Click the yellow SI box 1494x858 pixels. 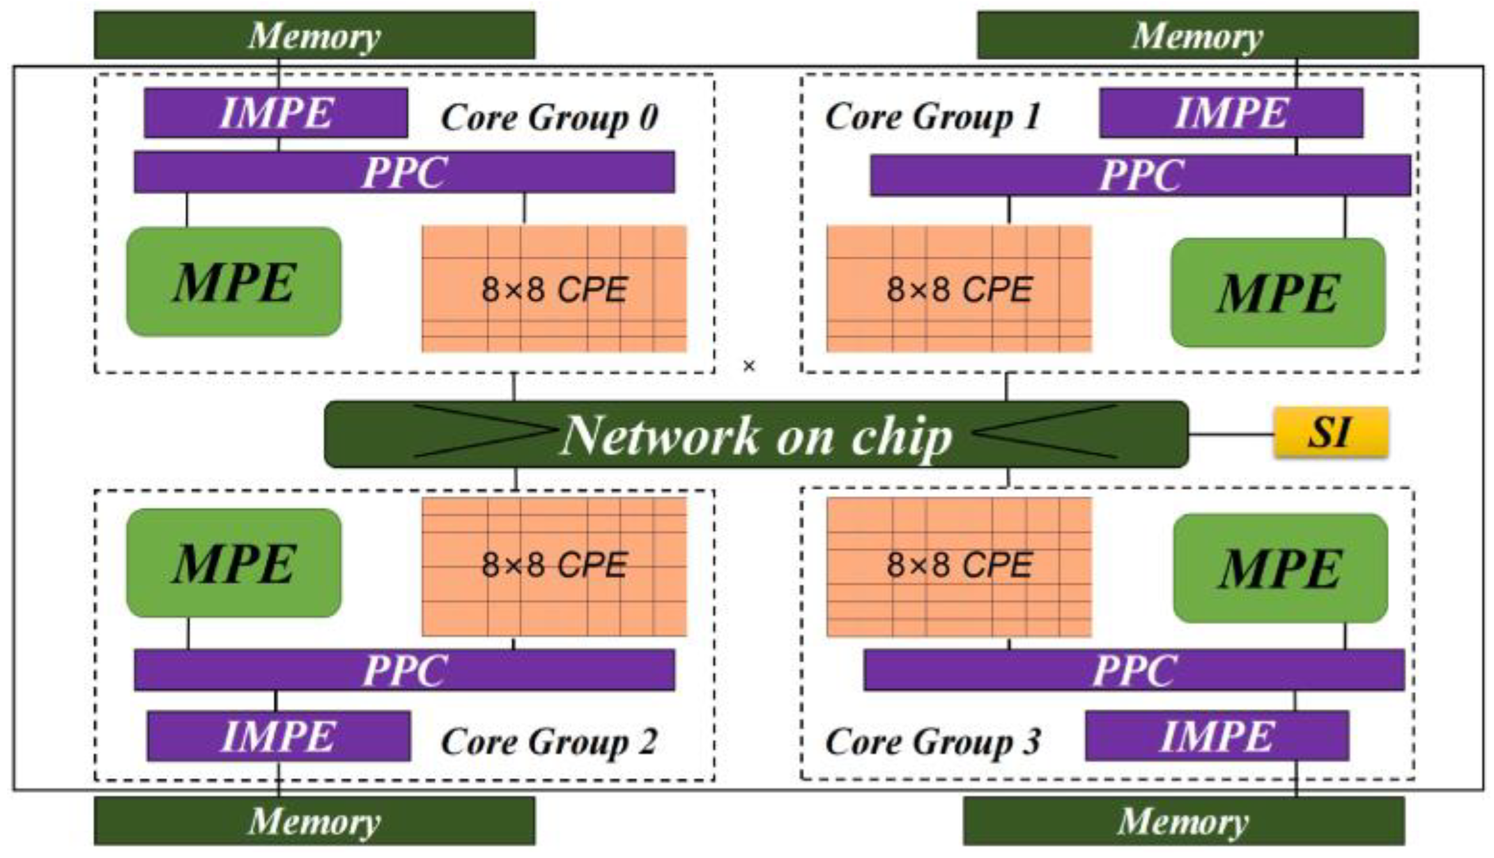[x=1330, y=432]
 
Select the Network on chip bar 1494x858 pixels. [x=756, y=435]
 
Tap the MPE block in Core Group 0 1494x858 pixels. [x=234, y=282]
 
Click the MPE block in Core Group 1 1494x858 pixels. [x=1277, y=293]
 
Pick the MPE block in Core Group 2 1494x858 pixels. [x=234, y=563]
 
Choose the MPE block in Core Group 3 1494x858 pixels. [x=1280, y=568]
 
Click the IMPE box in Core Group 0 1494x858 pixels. [x=275, y=113]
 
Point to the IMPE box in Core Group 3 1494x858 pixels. [x=1217, y=736]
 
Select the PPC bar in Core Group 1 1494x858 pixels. [x=1140, y=175]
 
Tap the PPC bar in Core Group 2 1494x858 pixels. [x=404, y=670]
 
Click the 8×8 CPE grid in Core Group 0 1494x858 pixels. [x=554, y=288]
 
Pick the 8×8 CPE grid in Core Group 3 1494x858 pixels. [x=959, y=566]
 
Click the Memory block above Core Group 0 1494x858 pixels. [x=314, y=35]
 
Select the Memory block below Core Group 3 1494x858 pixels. [x=1183, y=821]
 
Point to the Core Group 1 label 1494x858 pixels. [x=933, y=117]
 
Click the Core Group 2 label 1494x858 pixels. [x=548, y=742]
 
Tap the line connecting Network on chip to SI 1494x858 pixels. [x=1231, y=435]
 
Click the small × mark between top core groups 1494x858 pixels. [x=749, y=366]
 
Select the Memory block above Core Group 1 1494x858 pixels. [x=1198, y=35]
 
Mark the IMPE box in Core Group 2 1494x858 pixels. [x=279, y=736]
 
